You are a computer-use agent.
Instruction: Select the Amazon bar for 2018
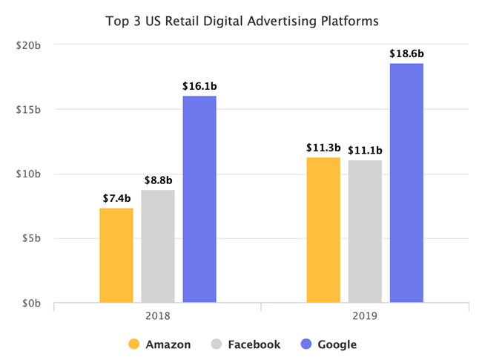point(116,255)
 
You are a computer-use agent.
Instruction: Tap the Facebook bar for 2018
point(158,246)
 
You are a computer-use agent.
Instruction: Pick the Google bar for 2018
point(199,199)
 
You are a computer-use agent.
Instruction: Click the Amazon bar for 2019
point(323,230)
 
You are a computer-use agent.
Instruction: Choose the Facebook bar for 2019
point(365,232)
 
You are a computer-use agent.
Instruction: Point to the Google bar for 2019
point(406,183)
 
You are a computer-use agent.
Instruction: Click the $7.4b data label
point(116,198)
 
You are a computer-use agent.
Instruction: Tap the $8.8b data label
point(158,180)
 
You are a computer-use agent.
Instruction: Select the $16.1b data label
point(199,86)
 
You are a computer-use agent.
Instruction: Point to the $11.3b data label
point(323,148)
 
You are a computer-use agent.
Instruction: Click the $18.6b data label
point(406,54)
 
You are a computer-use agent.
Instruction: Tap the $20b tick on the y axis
point(29,45)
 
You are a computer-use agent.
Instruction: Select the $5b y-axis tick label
point(31,239)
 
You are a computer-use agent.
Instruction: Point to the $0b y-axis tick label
point(31,304)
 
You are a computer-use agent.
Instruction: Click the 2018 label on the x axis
point(158,316)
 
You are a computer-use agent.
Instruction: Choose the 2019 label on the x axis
point(365,316)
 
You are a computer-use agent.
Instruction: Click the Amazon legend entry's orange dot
point(134,344)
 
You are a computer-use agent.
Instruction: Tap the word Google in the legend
point(337,344)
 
